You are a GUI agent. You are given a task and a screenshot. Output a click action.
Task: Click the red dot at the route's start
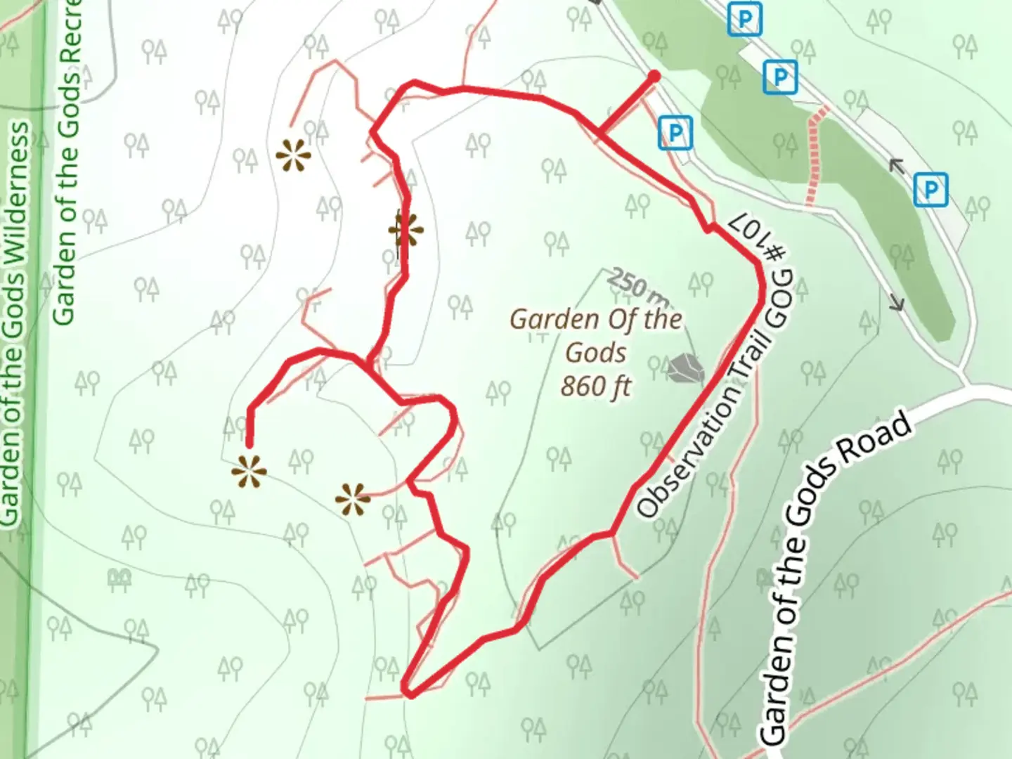pos(654,76)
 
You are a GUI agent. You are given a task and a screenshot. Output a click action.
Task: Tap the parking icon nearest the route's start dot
pos(675,133)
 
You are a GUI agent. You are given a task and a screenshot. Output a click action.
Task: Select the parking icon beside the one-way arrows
pos(930,190)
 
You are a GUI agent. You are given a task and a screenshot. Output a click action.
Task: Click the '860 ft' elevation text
pos(596,386)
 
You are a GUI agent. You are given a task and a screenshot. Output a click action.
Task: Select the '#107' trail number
pos(757,235)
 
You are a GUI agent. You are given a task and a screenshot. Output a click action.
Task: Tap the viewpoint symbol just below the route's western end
pos(249,472)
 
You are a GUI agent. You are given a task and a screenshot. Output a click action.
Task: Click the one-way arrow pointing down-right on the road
pos(896,303)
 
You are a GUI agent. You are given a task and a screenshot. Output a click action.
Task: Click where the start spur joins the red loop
pos(599,131)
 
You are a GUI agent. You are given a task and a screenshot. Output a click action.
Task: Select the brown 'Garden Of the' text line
pos(595,320)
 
